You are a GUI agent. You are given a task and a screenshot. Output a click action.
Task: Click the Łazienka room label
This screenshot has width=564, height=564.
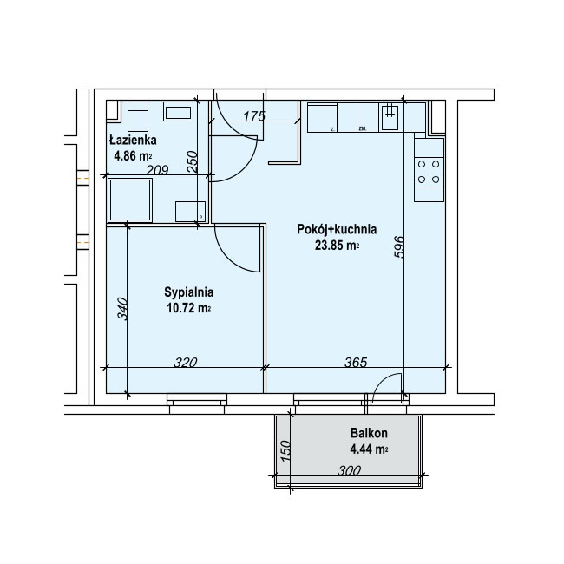(x=133, y=140)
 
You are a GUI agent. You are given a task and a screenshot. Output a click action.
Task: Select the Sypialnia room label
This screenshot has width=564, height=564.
(x=189, y=292)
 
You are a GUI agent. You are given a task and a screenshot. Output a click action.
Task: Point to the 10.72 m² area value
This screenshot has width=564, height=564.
(x=189, y=308)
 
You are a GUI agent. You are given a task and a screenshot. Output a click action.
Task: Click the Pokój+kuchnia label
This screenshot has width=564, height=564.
(x=337, y=229)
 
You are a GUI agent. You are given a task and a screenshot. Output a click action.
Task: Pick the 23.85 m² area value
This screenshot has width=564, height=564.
(x=337, y=246)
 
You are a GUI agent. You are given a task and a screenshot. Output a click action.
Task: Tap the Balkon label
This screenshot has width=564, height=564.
(x=369, y=433)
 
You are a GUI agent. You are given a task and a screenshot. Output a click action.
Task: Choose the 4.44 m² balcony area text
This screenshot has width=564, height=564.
(x=369, y=449)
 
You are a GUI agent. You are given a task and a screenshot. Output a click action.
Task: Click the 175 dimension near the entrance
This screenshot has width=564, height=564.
(x=254, y=115)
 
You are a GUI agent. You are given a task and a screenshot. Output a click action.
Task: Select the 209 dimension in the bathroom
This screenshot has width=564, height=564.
(x=158, y=169)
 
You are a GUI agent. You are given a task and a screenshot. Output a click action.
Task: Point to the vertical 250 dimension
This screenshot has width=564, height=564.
(x=193, y=161)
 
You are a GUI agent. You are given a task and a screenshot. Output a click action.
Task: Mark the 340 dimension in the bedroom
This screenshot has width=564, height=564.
(x=122, y=309)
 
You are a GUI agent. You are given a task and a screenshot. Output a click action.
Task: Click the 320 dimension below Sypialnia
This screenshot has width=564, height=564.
(x=186, y=362)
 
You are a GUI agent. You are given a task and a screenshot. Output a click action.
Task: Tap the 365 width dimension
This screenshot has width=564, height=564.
(x=356, y=362)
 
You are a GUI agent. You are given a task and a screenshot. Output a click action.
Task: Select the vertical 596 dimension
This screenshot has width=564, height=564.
(x=399, y=246)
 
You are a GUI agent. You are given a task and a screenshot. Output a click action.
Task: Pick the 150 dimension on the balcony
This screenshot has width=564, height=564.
(x=285, y=451)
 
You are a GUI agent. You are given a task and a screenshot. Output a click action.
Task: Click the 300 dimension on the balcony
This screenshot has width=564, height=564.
(x=349, y=470)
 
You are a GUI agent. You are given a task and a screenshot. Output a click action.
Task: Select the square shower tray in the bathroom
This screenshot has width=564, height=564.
(x=130, y=200)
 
